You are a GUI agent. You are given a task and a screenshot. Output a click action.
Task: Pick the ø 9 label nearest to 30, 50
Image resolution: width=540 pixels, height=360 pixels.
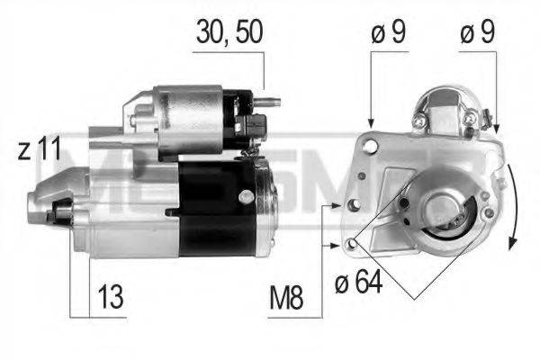pyautogui.click(x=388, y=34)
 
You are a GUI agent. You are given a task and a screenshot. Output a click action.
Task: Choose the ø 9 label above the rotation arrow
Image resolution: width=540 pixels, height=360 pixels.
pyautogui.click(x=477, y=34)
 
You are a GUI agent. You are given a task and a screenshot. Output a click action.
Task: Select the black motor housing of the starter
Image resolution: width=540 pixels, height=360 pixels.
pyautogui.click(x=216, y=209)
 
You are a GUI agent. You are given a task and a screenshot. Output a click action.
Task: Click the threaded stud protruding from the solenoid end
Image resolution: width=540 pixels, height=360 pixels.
pyautogui.click(x=269, y=101)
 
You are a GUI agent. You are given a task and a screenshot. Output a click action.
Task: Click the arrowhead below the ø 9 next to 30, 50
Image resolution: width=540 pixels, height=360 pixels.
pyautogui.click(x=371, y=127)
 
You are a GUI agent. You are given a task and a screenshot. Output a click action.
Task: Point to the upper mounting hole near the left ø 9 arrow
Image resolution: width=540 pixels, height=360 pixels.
pyautogui.click(x=371, y=143)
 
